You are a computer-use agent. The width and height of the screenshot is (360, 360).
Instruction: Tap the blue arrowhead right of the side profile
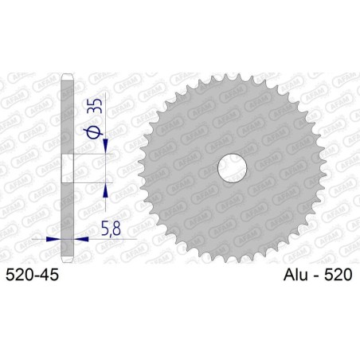click(x=81, y=237)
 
